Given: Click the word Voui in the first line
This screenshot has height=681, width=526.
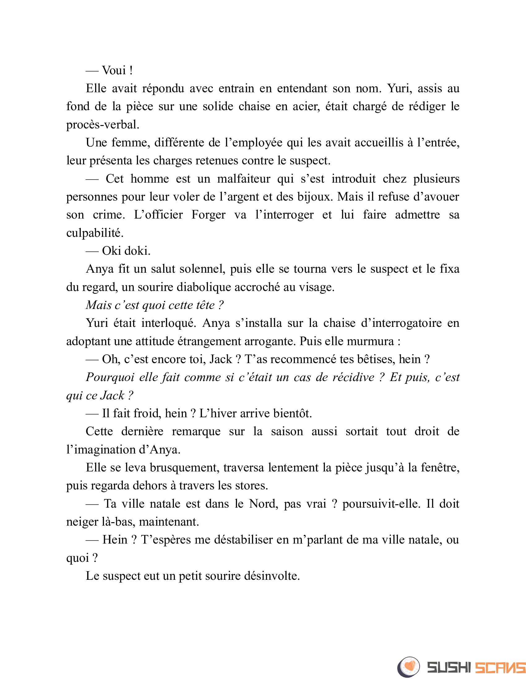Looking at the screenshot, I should click(x=114, y=71).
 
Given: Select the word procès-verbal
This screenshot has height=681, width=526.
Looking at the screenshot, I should click(x=102, y=125).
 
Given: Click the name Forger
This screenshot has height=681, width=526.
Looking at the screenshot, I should click(x=208, y=215).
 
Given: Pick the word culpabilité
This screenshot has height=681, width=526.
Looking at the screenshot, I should click(x=95, y=233).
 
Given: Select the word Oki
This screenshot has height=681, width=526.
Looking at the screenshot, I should click(x=111, y=251).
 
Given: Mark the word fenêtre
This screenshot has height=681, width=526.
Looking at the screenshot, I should click(x=440, y=468).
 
